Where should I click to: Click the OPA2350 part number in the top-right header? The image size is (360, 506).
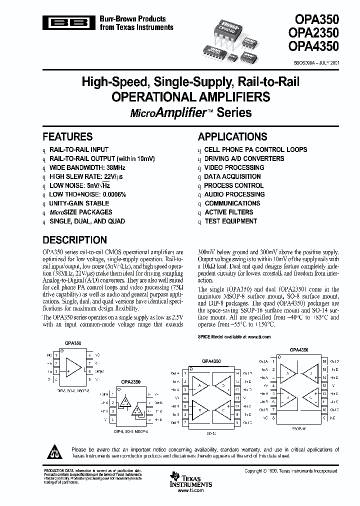tap(313, 33)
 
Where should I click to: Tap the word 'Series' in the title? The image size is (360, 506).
tap(234, 112)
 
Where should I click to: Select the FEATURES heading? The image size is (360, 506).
tap(67, 137)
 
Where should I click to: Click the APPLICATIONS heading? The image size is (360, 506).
tap(232, 137)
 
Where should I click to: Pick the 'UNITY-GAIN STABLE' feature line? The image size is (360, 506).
tap(78, 203)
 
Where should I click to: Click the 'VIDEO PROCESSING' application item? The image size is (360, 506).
tap(234, 167)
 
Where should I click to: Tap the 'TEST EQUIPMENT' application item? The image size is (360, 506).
tap(231, 221)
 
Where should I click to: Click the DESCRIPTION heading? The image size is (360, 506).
tap(74, 240)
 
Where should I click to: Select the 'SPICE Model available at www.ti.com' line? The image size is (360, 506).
tap(234, 337)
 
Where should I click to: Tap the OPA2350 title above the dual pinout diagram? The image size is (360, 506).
tap(130, 382)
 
